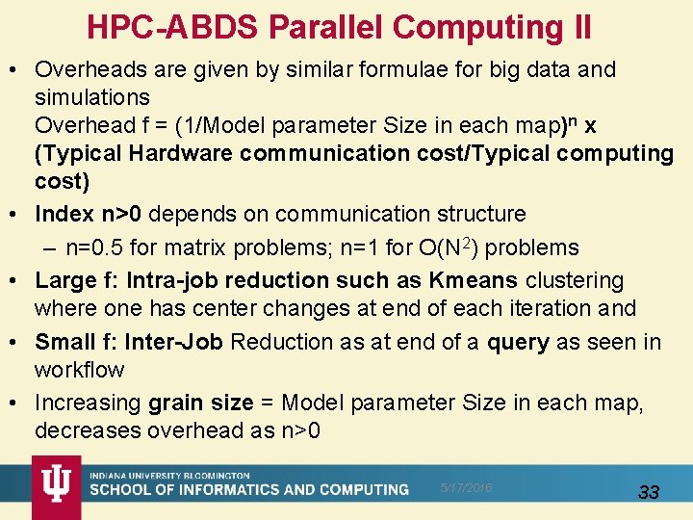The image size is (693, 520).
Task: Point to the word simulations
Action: coord(92,97)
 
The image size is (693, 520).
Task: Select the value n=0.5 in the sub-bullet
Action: coord(95,247)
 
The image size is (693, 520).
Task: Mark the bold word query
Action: coord(519,342)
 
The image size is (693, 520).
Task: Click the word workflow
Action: coord(79,370)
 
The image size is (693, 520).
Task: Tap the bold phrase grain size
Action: coord(200,403)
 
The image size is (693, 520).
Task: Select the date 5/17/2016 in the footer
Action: coord(465,488)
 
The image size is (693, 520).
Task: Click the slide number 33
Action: coord(649,492)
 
